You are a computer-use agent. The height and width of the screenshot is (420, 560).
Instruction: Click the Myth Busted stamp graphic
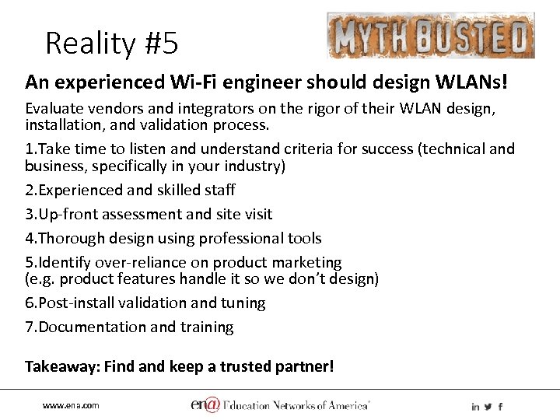430,36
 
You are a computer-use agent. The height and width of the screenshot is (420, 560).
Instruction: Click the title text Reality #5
111,43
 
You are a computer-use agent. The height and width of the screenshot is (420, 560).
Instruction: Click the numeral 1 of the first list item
29,149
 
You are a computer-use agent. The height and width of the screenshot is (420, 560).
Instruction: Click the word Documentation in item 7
85,327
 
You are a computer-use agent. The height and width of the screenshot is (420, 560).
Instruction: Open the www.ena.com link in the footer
71,406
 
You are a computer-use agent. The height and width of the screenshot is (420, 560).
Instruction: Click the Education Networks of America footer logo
280,404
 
